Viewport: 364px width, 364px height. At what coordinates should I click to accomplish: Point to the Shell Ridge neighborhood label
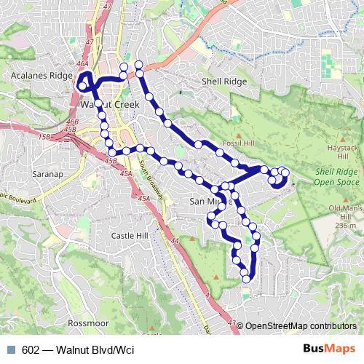pos(222,82)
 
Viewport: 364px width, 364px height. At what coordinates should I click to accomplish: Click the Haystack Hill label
pos(341,152)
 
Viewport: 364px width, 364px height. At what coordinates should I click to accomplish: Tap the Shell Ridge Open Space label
pos(336,178)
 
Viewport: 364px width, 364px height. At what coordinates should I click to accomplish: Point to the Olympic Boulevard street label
pos(15,196)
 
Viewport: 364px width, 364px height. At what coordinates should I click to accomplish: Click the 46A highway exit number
pos(82,64)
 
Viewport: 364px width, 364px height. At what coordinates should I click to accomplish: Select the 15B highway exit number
pos(46,136)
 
